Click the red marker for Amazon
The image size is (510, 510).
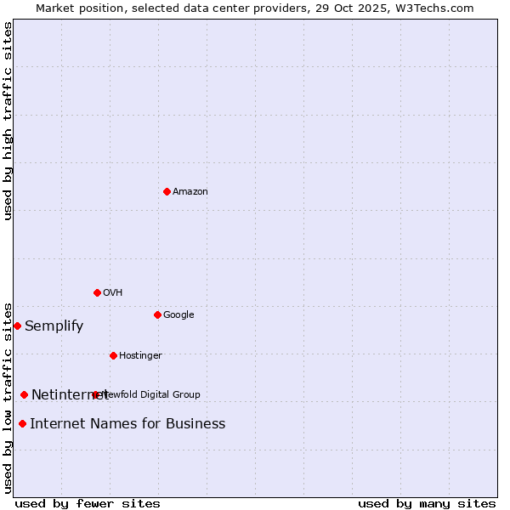pyautogui.click(x=167, y=191)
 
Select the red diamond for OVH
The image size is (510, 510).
pyautogui.click(x=97, y=292)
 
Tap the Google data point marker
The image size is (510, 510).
pyautogui.click(x=157, y=314)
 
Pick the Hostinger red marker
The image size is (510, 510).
pyautogui.click(x=113, y=355)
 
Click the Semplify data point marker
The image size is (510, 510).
pyautogui.click(x=17, y=326)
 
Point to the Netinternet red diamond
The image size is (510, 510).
pyautogui.click(x=24, y=394)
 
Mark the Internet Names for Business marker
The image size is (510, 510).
pyautogui.click(x=22, y=423)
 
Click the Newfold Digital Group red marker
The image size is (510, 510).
pyautogui.click(x=95, y=394)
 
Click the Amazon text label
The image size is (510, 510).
pyautogui.click(x=190, y=192)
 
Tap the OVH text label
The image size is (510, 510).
pyautogui.click(x=113, y=293)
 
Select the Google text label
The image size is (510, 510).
pyautogui.click(x=178, y=315)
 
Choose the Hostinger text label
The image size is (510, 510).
pyautogui.click(x=140, y=356)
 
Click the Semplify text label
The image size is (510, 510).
pyautogui.click(x=54, y=326)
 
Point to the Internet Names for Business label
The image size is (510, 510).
pyautogui.click(x=127, y=424)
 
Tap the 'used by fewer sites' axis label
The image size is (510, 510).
pyautogui.click(x=88, y=504)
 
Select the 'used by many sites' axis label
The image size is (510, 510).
pyautogui.click(x=427, y=504)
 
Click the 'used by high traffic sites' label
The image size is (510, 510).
pyautogui.click(x=8, y=121)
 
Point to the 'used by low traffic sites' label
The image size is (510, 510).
pyautogui.click(x=8, y=397)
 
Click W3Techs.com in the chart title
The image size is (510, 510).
pyautogui.click(x=431, y=8)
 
